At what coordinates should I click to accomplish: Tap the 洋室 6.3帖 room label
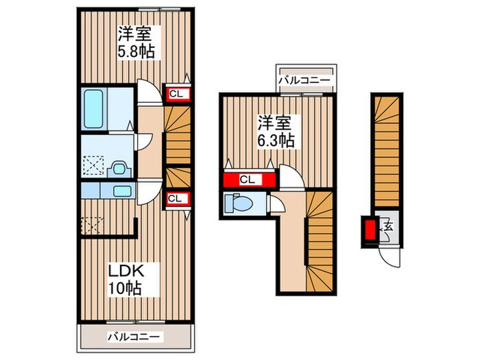point(276,132)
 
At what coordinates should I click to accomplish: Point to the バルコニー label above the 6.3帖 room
point(304,81)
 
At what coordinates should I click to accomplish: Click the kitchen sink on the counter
point(122,191)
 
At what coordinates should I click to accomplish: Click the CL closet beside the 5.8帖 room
point(176,94)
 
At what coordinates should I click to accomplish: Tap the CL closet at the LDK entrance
point(176,199)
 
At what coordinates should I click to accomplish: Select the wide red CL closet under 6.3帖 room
point(249,180)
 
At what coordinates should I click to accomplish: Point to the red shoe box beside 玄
point(370,230)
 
